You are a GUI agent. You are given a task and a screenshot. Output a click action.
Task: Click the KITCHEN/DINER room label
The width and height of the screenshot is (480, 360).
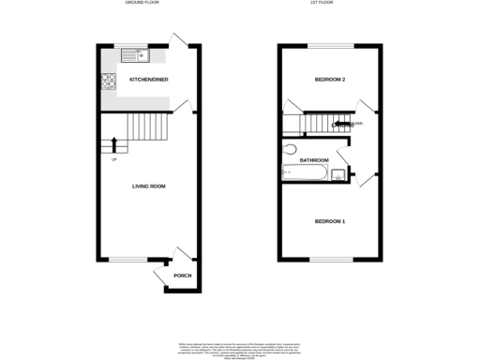click(149, 81)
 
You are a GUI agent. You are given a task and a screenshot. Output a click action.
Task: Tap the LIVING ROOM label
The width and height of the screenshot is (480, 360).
click(148, 187)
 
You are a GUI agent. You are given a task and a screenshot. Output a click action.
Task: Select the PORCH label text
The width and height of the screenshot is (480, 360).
click(182, 276)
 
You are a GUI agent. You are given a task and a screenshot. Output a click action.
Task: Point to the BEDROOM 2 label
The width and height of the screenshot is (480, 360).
click(330, 80)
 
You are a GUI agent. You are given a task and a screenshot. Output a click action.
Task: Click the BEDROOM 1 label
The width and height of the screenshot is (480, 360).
click(329, 221)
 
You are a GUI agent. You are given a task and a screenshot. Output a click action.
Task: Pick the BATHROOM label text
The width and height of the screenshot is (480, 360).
click(313, 160)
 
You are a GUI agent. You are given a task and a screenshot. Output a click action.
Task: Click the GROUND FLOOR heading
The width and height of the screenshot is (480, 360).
click(142, 4)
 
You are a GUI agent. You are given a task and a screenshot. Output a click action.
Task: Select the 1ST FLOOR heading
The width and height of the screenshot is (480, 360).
click(332, 4)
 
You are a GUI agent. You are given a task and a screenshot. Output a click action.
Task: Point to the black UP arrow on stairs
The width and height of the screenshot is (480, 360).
click(114, 144)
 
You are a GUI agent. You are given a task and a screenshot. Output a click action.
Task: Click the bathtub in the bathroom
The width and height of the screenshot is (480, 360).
click(302, 172)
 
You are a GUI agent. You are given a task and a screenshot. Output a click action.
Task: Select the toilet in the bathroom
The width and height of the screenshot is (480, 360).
click(289, 149)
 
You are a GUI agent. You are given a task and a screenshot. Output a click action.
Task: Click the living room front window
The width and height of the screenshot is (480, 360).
click(123, 260)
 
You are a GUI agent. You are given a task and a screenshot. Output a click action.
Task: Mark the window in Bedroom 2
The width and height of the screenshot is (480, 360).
click(332, 45)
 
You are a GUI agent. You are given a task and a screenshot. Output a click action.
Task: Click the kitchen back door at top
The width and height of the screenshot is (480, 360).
click(178, 40)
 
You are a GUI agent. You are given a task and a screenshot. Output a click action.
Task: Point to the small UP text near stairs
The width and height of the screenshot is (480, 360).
click(114, 158)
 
